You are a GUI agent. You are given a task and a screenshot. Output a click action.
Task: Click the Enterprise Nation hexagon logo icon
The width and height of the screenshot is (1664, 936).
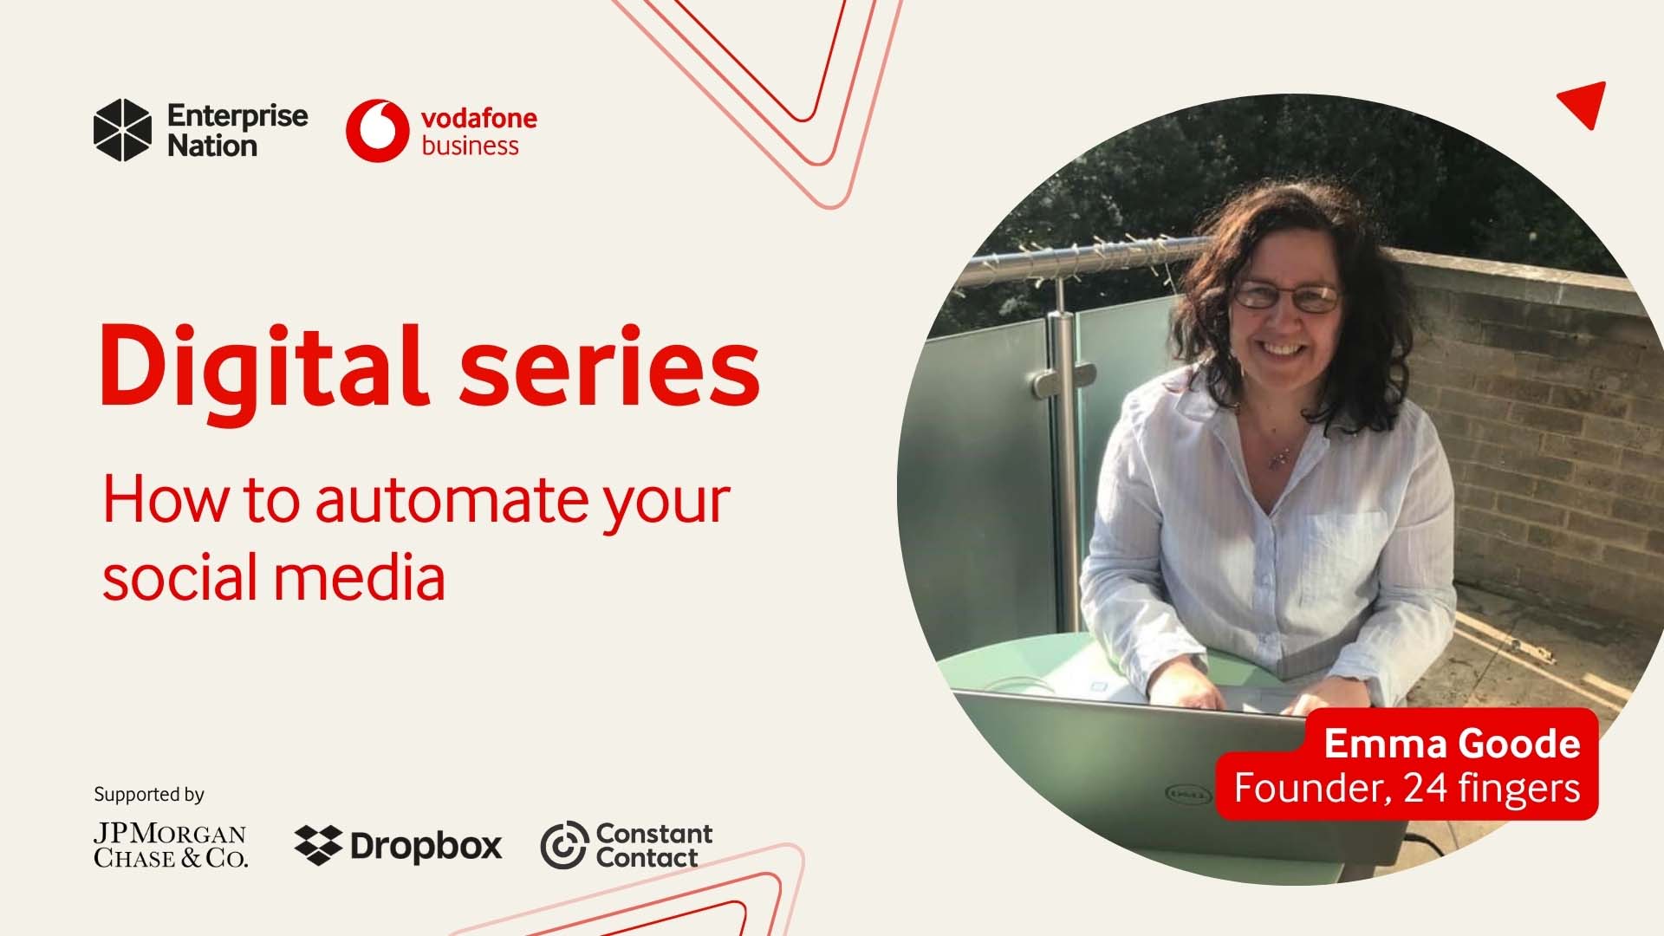click(122, 130)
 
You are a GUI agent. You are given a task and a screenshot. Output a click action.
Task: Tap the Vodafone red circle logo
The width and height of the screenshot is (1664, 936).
click(377, 130)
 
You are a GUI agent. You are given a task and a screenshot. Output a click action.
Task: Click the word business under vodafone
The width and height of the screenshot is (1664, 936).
click(470, 146)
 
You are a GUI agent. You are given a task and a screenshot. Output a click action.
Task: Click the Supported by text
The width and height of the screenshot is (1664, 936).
click(149, 794)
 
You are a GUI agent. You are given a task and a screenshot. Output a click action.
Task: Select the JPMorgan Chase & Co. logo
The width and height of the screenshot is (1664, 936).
click(170, 845)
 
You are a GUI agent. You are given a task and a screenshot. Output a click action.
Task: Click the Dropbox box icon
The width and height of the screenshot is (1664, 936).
click(318, 845)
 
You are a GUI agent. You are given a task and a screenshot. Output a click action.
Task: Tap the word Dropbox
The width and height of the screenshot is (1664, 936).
click(426, 846)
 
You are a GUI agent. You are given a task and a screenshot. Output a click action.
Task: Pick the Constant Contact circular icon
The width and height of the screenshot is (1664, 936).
click(564, 845)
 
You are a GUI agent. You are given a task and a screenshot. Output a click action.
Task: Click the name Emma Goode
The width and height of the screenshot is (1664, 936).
click(1452, 744)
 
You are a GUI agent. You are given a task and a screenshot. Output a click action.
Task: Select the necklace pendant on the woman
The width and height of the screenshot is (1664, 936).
click(1276, 459)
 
